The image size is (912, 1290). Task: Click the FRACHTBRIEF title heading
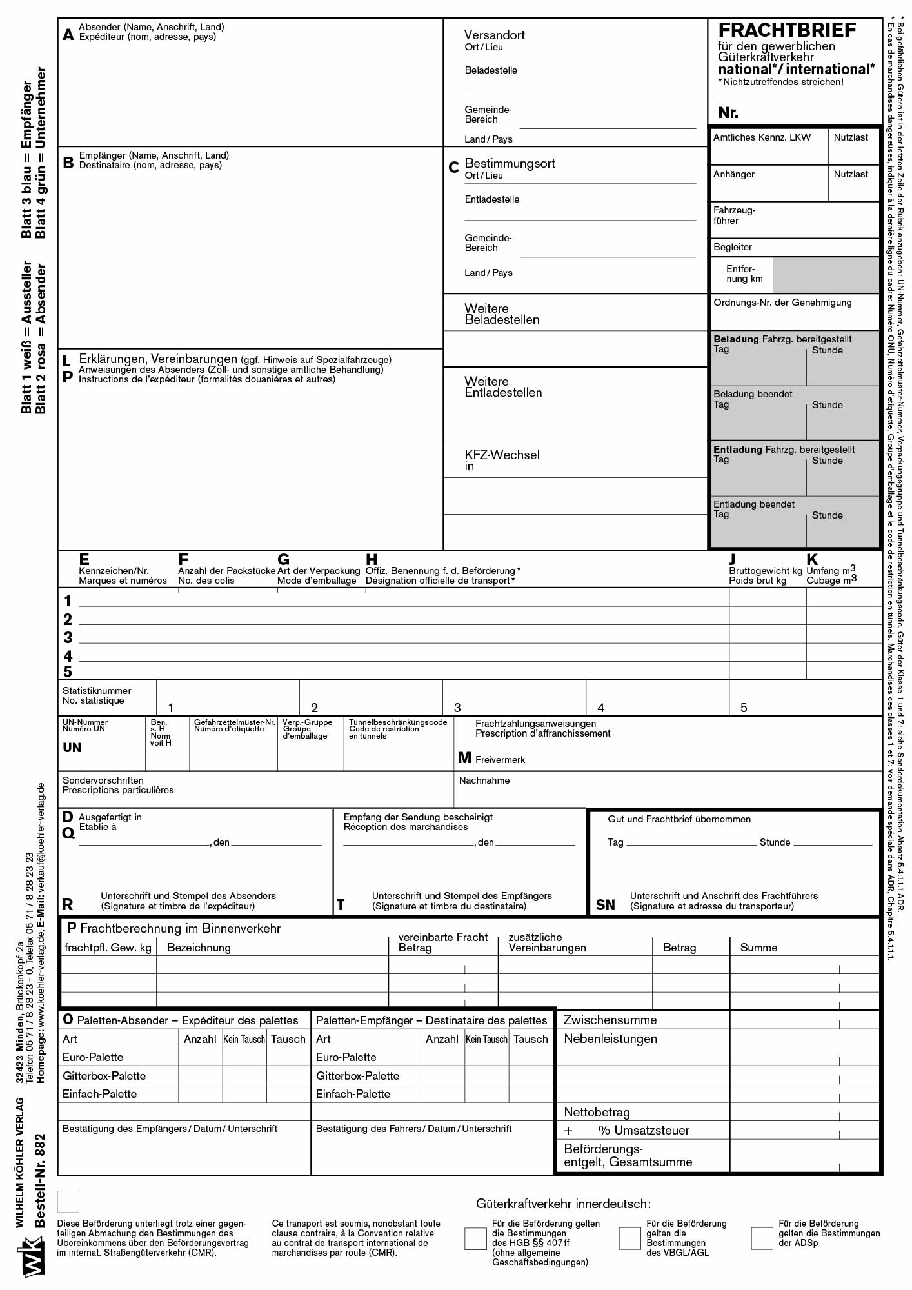click(787, 30)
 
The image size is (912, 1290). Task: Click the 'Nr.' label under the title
click(728, 113)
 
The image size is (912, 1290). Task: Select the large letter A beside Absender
click(68, 35)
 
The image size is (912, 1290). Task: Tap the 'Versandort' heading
click(494, 35)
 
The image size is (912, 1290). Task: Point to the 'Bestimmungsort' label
click(510, 164)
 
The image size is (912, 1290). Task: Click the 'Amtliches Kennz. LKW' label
click(762, 137)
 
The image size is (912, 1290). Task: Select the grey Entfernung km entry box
click(826, 275)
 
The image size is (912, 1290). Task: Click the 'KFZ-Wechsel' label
click(502, 455)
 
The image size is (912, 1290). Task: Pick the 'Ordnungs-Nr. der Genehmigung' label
click(782, 303)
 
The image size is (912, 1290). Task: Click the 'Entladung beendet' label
click(753, 504)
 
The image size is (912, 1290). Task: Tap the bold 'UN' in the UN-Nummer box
click(72, 748)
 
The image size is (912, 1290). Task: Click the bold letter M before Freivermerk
click(464, 758)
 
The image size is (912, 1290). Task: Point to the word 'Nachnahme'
click(484, 780)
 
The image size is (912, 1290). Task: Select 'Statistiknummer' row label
click(97, 691)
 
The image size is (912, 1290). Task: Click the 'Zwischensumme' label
click(610, 1020)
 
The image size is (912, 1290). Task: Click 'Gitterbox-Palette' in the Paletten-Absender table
click(104, 1076)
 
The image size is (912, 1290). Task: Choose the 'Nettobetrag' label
click(597, 1112)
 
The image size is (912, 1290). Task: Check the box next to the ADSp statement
click(762, 1238)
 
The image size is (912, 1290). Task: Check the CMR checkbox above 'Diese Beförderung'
click(68, 1202)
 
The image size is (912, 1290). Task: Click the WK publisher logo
click(34, 1256)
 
